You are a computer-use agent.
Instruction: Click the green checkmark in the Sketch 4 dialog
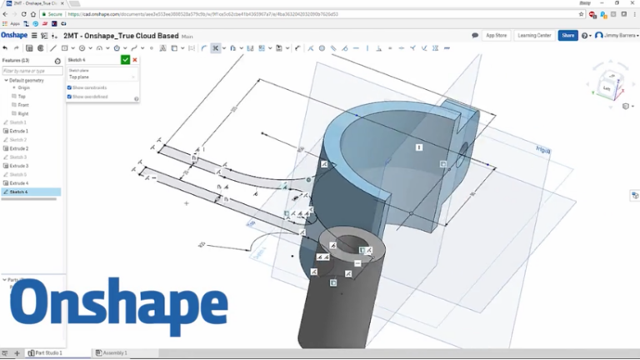coord(125,60)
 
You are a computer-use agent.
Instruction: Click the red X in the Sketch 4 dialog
coord(135,60)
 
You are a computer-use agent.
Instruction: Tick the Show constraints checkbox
coord(69,87)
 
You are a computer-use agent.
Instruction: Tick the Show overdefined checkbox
coord(69,97)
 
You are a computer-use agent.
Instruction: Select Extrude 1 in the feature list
coord(19,131)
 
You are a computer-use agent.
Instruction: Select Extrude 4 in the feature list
coord(19,182)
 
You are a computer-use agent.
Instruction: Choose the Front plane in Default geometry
coord(22,104)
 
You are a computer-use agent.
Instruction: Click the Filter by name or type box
coord(30,71)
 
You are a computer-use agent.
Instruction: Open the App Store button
coord(496,36)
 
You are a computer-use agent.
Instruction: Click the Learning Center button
coord(533,36)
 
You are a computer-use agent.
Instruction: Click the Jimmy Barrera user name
coord(617,36)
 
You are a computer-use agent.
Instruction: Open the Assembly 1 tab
coord(112,353)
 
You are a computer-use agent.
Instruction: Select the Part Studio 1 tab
coord(47,353)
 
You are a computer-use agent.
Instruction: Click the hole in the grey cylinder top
coord(364,249)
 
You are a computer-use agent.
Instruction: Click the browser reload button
coord(32,14)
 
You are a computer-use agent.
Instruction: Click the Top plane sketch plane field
coord(100,77)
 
